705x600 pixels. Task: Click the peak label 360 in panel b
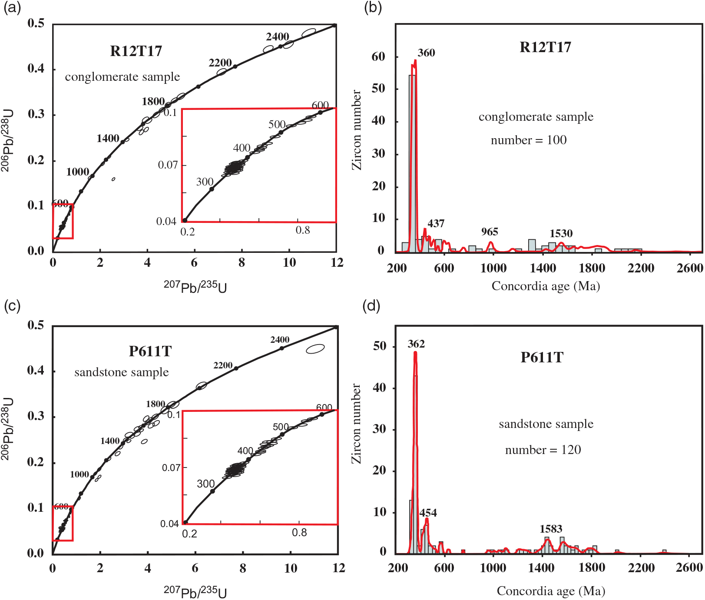coord(426,53)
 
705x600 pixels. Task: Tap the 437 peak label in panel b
coord(436,224)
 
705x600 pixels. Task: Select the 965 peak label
coord(490,232)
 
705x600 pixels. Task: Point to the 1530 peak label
coord(561,234)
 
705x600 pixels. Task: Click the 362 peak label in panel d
coord(416,344)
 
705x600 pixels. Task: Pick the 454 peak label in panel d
coord(428,513)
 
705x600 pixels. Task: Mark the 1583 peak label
coord(551,529)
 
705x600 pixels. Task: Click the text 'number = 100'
coord(529,140)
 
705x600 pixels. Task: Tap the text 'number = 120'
coord(543,450)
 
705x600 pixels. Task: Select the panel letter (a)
coord(12,8)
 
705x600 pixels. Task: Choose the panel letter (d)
coord(371,306)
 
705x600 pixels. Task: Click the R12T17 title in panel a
coord(136,51)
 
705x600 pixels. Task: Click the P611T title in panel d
coord(542,358)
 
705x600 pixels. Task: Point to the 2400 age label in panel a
coord(278,37)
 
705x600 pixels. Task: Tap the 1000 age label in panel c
coord(79,474)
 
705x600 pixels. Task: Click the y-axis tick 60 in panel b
coord(378,56)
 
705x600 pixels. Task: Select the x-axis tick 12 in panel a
coord(337,263)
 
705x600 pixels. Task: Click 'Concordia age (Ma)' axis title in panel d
coord(551,591)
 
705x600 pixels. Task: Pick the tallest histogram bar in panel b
coord(412,163)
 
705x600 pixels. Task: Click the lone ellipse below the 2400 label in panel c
coord(315,348)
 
